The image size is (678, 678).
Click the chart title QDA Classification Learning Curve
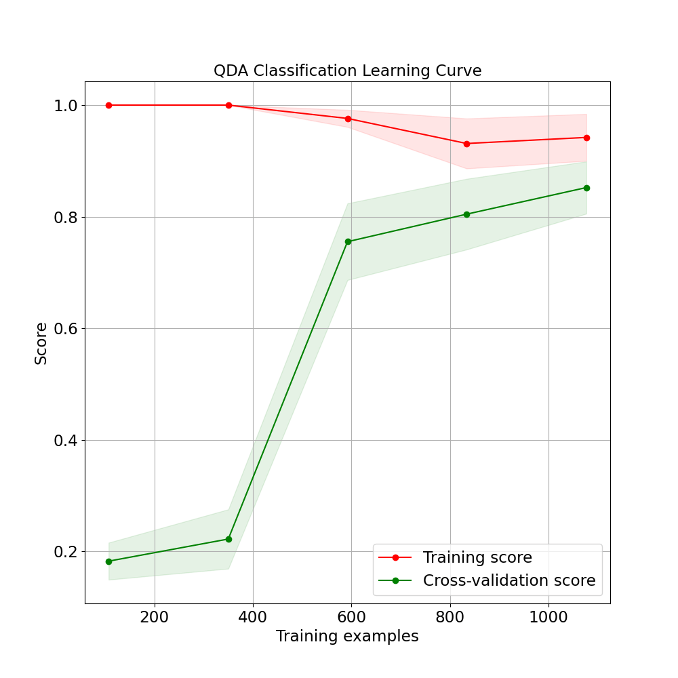[347, 71]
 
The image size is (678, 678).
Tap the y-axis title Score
[41, 343]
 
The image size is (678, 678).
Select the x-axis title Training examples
[347, 637]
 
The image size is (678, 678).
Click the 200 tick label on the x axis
[155, 618]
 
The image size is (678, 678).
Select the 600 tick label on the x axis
[351, 618]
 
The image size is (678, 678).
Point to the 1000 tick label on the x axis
[548, 618]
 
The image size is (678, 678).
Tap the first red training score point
[108, 105]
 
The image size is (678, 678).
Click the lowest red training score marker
[466, 144]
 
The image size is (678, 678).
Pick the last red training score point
[586, 138]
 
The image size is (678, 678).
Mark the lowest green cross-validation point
[108, 561]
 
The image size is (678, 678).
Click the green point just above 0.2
[228, 539]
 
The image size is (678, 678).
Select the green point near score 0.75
[348, 241]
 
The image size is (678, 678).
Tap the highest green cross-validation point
[586, 188]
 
